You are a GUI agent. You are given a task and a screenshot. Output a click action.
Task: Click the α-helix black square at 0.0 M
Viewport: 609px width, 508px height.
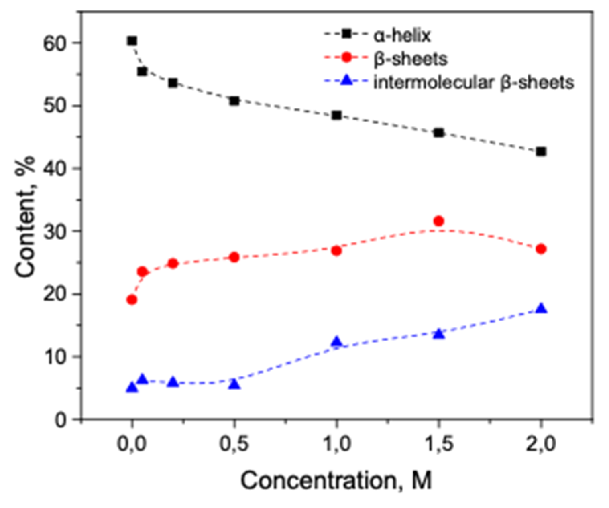pos(132,41)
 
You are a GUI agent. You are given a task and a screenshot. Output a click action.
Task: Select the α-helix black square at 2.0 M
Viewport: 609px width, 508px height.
pos(541,152)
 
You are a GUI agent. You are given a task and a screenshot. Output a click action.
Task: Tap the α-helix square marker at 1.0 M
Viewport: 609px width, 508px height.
pos(336,116)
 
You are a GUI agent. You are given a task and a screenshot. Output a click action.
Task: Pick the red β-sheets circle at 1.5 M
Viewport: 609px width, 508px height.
pos(439,221)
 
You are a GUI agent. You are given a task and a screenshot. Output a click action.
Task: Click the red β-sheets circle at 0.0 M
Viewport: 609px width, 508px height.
pos(132,299)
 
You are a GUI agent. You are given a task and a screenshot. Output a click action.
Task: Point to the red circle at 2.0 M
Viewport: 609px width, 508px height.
pos(541,249)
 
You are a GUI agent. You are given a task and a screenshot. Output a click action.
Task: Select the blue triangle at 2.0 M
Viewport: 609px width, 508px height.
pos(541,308)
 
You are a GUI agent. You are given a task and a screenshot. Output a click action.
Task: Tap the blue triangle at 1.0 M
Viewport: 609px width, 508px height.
pos(336,342)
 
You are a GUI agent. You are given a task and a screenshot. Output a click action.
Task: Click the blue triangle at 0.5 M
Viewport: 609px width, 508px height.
pos(234,384)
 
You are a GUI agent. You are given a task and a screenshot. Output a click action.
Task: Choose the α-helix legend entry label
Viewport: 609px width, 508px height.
pos(402,36)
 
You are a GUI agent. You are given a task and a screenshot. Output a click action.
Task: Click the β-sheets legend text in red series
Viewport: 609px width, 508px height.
pos(410,59)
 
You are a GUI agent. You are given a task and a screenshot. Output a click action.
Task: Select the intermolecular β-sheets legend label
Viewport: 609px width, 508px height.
pos(473,82)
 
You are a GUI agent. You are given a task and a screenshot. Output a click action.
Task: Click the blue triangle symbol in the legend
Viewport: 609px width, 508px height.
pos(346,81)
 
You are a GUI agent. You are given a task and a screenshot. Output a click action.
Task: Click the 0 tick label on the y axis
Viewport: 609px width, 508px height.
pos(61,420)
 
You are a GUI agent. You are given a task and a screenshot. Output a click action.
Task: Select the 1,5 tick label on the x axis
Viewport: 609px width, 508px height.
pos(439,445)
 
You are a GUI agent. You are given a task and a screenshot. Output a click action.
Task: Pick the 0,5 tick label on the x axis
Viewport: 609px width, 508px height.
pos(234,445)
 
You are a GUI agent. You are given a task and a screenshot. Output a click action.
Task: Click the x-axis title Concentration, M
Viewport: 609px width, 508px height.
pos(336,480)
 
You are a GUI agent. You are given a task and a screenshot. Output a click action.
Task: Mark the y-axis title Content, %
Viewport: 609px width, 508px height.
pos(25,217)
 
